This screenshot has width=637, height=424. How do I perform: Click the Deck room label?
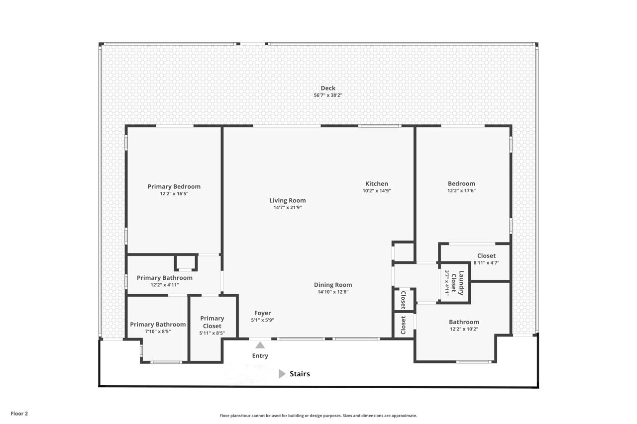(x=328, y=88)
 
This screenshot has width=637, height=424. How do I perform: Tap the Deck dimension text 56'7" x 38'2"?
(x=328, y=95)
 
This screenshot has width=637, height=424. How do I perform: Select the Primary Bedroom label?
(x=174, y=186)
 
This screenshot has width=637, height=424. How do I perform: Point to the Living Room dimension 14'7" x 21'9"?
(x=288, y=208)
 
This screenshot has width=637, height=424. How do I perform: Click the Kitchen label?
(x=377, y=184)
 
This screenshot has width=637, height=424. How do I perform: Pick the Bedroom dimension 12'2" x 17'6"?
(x=461, y=191)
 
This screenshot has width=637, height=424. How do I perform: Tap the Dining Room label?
(x=333, y=285)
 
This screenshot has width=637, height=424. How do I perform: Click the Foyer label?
(x=262, y=313)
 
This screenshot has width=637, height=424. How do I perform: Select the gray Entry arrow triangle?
(x=260, y=345)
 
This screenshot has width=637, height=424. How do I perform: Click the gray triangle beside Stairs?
(x=282, y=374)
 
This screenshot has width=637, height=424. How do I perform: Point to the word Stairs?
(x=300, y=374)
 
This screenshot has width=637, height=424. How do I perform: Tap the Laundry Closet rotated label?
(x=457, y=283)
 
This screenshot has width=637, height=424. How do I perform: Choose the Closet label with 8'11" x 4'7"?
(x=486, y=256)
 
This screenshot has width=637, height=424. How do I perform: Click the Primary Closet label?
(x=212, y=322)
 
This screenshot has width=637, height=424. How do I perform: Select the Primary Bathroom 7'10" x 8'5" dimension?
(x=158, y=332)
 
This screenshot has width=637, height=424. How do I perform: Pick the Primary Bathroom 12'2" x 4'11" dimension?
(x=165, y=285)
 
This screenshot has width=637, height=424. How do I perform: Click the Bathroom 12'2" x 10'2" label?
(x=464, y=322)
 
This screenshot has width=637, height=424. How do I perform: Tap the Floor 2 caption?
(x=19, y=414)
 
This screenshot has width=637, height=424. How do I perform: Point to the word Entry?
(x=260, y=356)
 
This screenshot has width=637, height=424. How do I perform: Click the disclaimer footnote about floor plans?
(x=318, y=416)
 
